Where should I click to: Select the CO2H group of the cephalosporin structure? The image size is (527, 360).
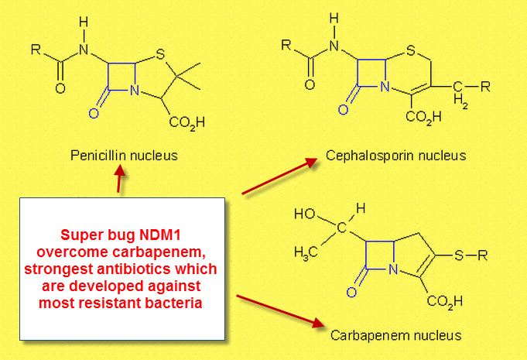coord(423,117)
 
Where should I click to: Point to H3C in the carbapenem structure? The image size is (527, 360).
coord(306,253)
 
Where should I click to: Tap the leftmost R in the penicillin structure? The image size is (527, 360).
coord(36,50)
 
